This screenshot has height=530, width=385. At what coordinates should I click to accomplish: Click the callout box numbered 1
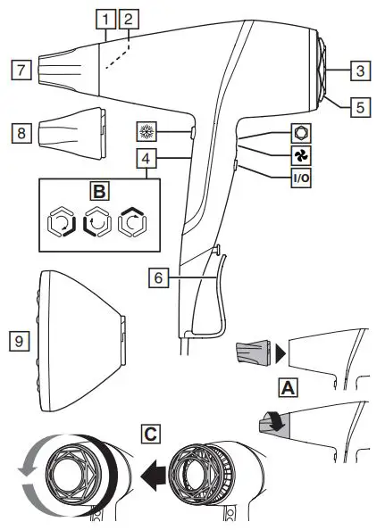(107, 18)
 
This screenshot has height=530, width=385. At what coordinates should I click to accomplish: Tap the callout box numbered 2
(130, 18)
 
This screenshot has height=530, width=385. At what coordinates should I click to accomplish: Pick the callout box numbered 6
(157, 277)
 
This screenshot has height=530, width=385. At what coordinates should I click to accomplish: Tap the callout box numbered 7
(21, 68)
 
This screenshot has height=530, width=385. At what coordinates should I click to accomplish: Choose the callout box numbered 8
(21, 132)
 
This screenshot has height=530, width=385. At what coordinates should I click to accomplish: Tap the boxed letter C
(151, 435)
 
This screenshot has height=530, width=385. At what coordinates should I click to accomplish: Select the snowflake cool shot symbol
(146, 130)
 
